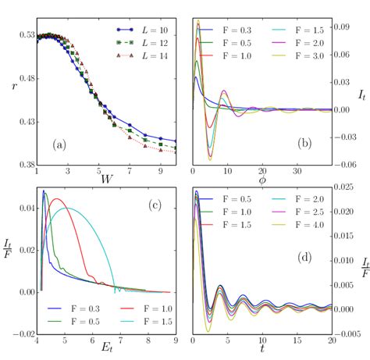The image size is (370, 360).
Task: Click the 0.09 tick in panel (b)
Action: (x=342, y=27)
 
